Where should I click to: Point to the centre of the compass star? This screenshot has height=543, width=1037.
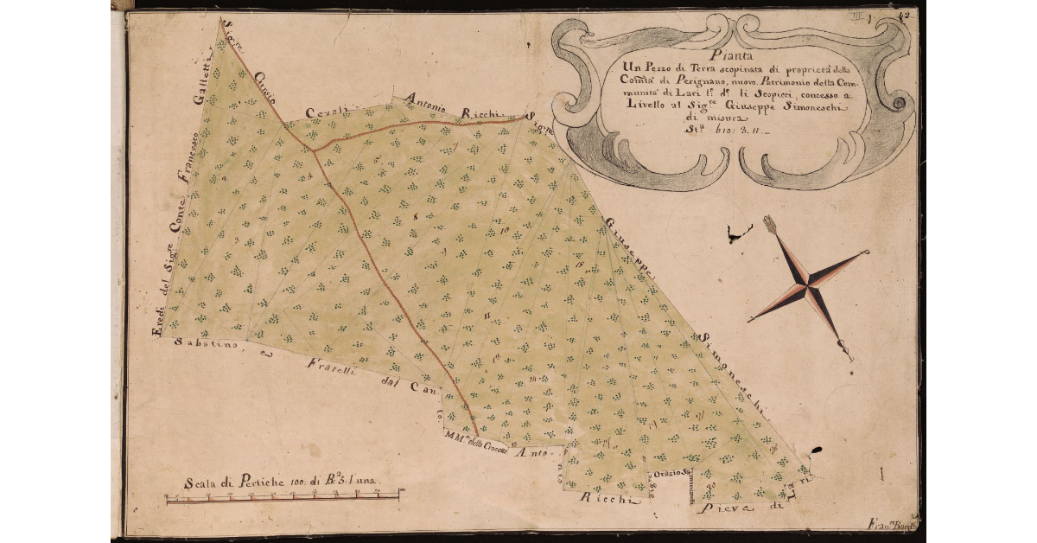tap(808, 287)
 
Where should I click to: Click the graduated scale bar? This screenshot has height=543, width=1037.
tap(282, 496)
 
